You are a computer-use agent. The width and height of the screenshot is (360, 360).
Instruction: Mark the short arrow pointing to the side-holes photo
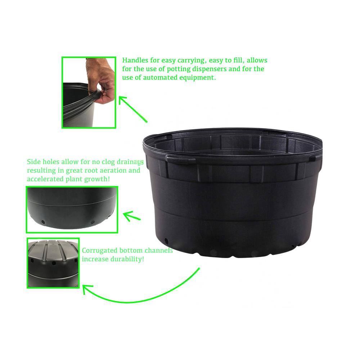pyautogui.click(x=131, y=217)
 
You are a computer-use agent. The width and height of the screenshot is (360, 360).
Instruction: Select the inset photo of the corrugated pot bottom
pyautogui.click(x=53, y=263)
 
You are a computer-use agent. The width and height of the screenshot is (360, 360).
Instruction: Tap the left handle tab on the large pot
pyautogui.click(x=180, y=158)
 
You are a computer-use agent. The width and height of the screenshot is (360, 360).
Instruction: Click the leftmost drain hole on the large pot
pyautogui.click(x=166, y=240)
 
